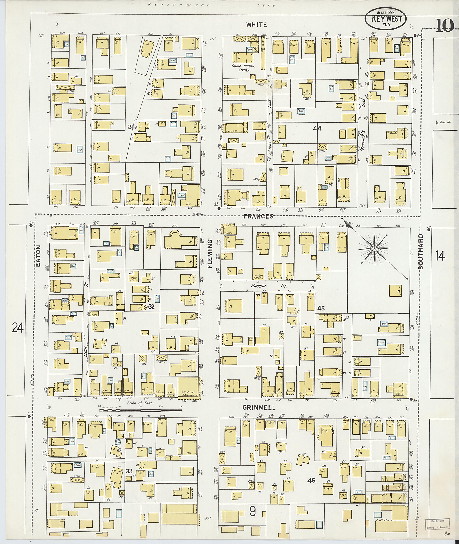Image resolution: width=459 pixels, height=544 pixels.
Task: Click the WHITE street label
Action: tap(257, 25)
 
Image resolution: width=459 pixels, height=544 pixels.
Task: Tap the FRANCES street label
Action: tap(258, 216)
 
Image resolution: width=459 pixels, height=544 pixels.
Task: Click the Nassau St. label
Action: tap(268, 286)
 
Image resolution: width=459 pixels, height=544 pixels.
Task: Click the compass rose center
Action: tap(374, 249)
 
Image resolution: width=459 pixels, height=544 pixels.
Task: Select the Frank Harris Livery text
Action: tap(244, 68)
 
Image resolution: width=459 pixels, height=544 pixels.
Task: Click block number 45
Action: tap(321, 308)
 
